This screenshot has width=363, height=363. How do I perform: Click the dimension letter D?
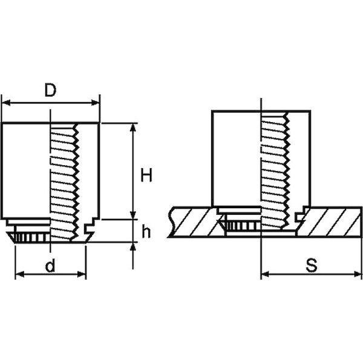pyautogui.click(x=50, y=90)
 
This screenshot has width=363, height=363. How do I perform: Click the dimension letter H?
pyautogui.click(x=146, y=175)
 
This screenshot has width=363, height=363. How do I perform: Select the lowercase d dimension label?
pyautogui.click(x=50, y=266)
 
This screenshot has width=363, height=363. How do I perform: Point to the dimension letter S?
pyautogui.click(x=312, y=266)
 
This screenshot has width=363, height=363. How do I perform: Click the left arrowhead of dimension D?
pyautogui.click(x=6, y=103)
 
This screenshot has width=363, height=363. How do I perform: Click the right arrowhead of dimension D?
pyautogui.click(x=95, y=103)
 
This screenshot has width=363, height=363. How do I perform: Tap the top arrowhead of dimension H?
pyautogui.click(x=132, y=128)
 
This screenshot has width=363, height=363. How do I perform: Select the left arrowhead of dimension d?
pyautogui.click(x=20, y=274)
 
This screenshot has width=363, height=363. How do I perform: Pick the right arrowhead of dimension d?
pyautogui.click(x=82, y=274)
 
